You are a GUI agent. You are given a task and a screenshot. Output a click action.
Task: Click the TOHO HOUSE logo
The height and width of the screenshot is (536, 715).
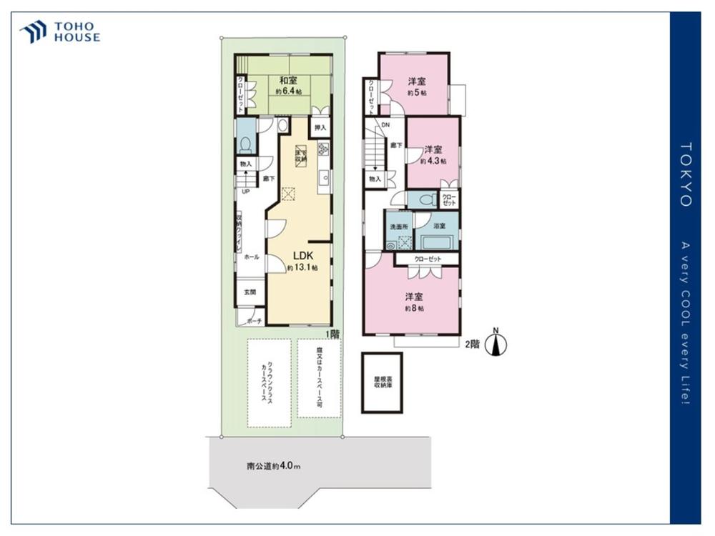click(60, 31)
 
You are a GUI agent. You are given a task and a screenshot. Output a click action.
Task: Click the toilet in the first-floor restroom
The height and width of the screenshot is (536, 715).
click(245, 144)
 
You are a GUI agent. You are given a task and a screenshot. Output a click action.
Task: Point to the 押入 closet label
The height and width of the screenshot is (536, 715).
click(320, 127)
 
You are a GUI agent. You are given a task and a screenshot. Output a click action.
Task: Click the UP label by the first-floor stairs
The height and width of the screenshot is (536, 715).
click(245, 192)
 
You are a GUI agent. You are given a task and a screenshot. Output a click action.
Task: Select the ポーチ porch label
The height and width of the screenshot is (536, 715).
click(254, 320)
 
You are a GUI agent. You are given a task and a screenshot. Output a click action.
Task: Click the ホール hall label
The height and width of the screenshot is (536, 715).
click(251, 257)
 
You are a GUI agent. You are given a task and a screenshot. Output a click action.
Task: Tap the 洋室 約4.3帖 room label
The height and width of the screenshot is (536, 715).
click(431, 155)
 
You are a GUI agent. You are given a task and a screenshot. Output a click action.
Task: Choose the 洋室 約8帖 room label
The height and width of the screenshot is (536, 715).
click(414, 302)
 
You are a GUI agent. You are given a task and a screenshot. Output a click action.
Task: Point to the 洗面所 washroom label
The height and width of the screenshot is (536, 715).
click(398, 227)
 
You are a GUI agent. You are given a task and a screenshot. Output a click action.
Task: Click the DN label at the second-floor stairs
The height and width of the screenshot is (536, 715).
click(385, 125)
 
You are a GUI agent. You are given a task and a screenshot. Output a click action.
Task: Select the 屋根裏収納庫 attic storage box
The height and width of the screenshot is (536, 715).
click(382, 382)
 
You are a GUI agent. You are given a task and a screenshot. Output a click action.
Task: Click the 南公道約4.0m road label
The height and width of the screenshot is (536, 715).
click(273, 466)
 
